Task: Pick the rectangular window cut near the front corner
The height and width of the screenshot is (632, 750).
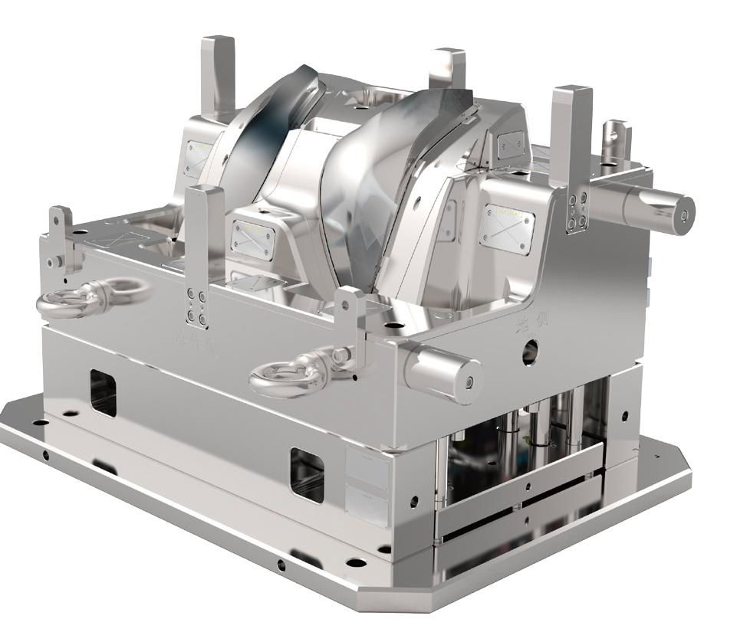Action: coord(308,475)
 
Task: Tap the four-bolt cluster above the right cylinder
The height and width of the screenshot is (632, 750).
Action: coord(577,208)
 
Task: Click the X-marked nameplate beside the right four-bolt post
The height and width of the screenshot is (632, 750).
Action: coord(506,226)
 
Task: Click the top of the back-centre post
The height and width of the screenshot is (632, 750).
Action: coord(447,56)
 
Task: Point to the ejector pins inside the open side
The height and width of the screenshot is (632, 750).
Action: coord(529,429)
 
